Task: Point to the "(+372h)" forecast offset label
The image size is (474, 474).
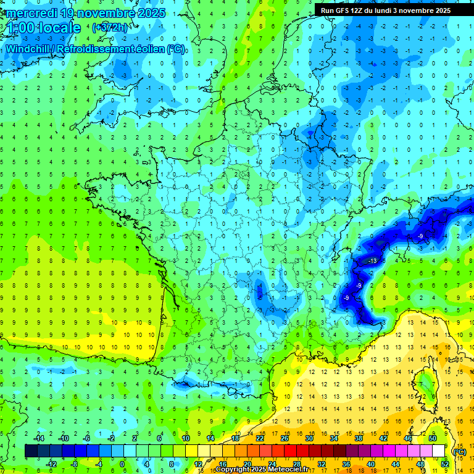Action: click(x=110, y=28)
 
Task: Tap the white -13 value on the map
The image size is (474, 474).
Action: click(x=372, y=262)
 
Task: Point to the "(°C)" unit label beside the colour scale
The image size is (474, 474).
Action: click(x=459, y=451)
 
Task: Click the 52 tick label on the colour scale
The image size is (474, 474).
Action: click(x=445, y=464)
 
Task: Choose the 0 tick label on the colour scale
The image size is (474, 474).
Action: click(x=122, y=464)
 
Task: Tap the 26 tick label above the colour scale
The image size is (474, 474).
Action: click(x=285, y=438)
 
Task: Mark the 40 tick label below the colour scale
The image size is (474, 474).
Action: click(x=370, y=464)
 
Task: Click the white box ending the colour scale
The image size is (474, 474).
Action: click(x=439, y=451)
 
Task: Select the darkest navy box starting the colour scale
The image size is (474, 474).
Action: click(x=31, y=451)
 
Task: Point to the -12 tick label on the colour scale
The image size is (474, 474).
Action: click(x=51, y=464)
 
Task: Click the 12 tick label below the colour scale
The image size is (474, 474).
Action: click(x=197, y=464)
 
